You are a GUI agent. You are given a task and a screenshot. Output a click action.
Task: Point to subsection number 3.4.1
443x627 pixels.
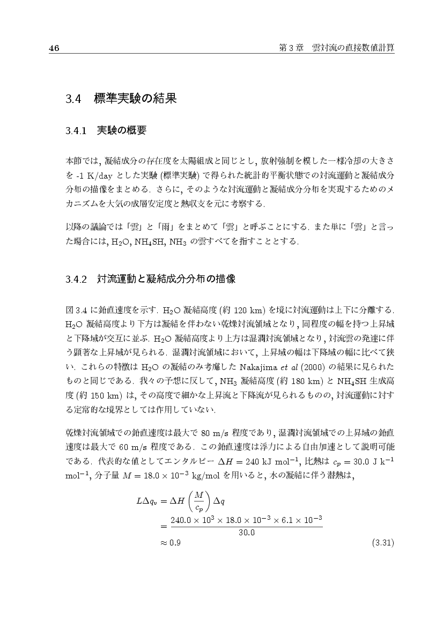(x=76, y=130)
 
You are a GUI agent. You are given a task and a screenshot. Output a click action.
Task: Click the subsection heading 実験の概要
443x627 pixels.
(x=121, y=130)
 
